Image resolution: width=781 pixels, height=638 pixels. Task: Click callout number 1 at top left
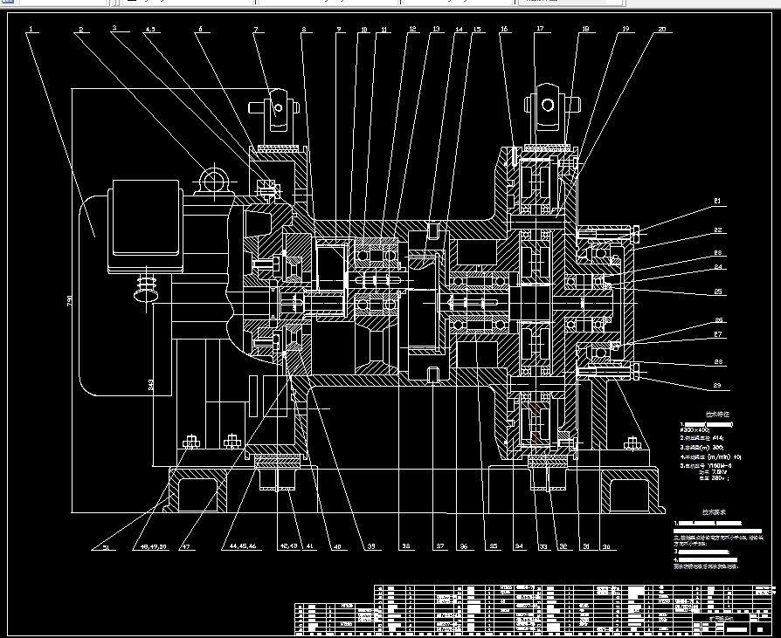click(x=30, y=30)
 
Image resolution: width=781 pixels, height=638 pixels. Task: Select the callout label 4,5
click(x=151, y=30)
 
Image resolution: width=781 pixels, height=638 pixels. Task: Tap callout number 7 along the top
click(x=256, y=30)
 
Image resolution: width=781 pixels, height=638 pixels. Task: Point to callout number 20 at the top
click(x=660, y=30)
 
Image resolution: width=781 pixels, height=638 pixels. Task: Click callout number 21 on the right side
click(x=717, y=202)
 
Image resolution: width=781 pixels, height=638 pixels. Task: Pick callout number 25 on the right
click(x=718, y=292)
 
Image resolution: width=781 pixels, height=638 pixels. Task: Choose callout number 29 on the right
click(x=718, y=385)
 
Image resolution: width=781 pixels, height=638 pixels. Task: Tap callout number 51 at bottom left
click(x=107, y=548)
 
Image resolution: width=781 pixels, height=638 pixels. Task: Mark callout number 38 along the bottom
click(x=404, y=547)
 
